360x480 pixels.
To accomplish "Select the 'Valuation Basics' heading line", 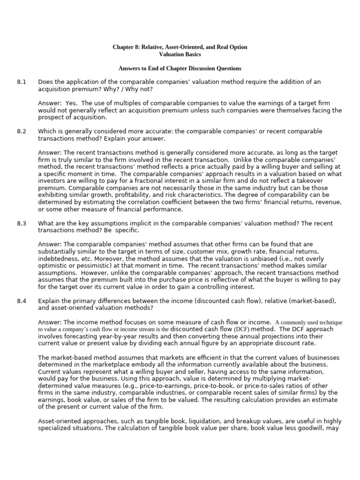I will pyautogui.click(x=180, y=55).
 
